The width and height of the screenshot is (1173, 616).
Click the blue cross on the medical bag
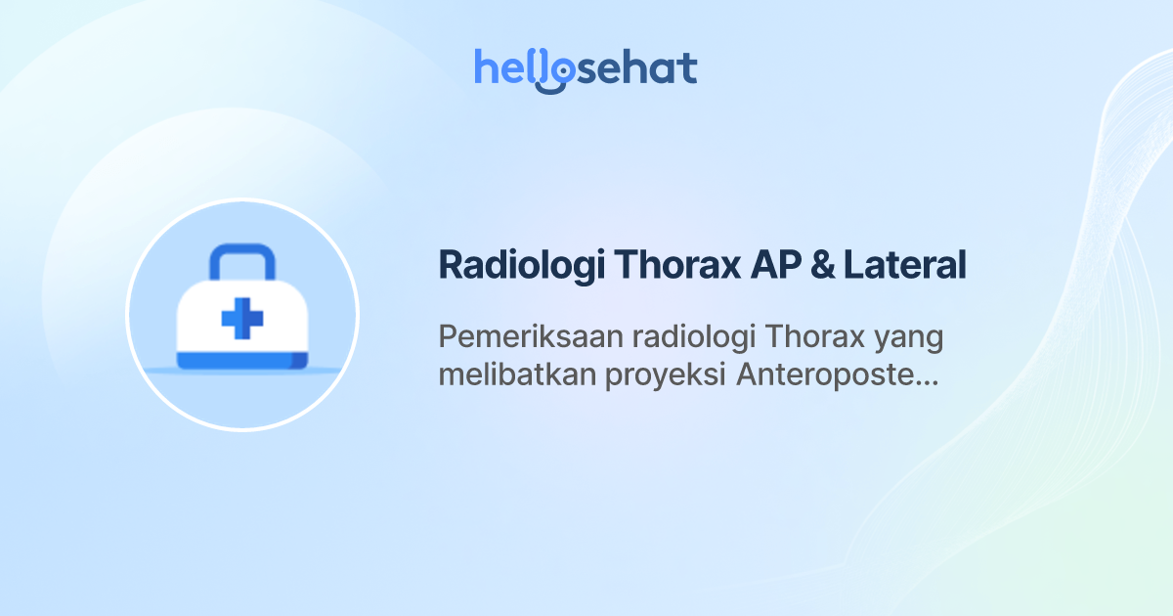point(242,319)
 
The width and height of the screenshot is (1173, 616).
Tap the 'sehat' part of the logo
point(635,68)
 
